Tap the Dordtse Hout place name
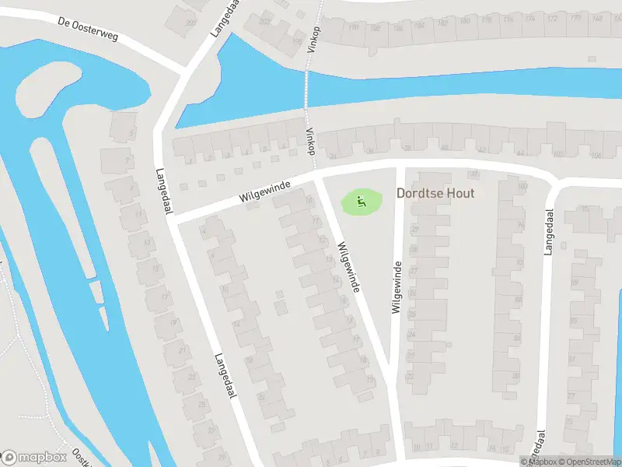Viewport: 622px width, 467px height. pyautogui.click(x=435, y=193)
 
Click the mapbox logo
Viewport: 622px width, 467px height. pyautogui.click(x=35, y=457)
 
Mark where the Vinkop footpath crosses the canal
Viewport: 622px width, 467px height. pyautogui.click(x=306, y=90)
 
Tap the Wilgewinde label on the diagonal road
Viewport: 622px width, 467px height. pyautogui.click(x=348, y=267)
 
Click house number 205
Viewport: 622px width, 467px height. pyautogui.click(x=192, y=23)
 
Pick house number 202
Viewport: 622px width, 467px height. pyautogui.click(x=265, y=21)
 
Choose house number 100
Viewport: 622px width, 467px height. pyautogui.click(x=522, y=187)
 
